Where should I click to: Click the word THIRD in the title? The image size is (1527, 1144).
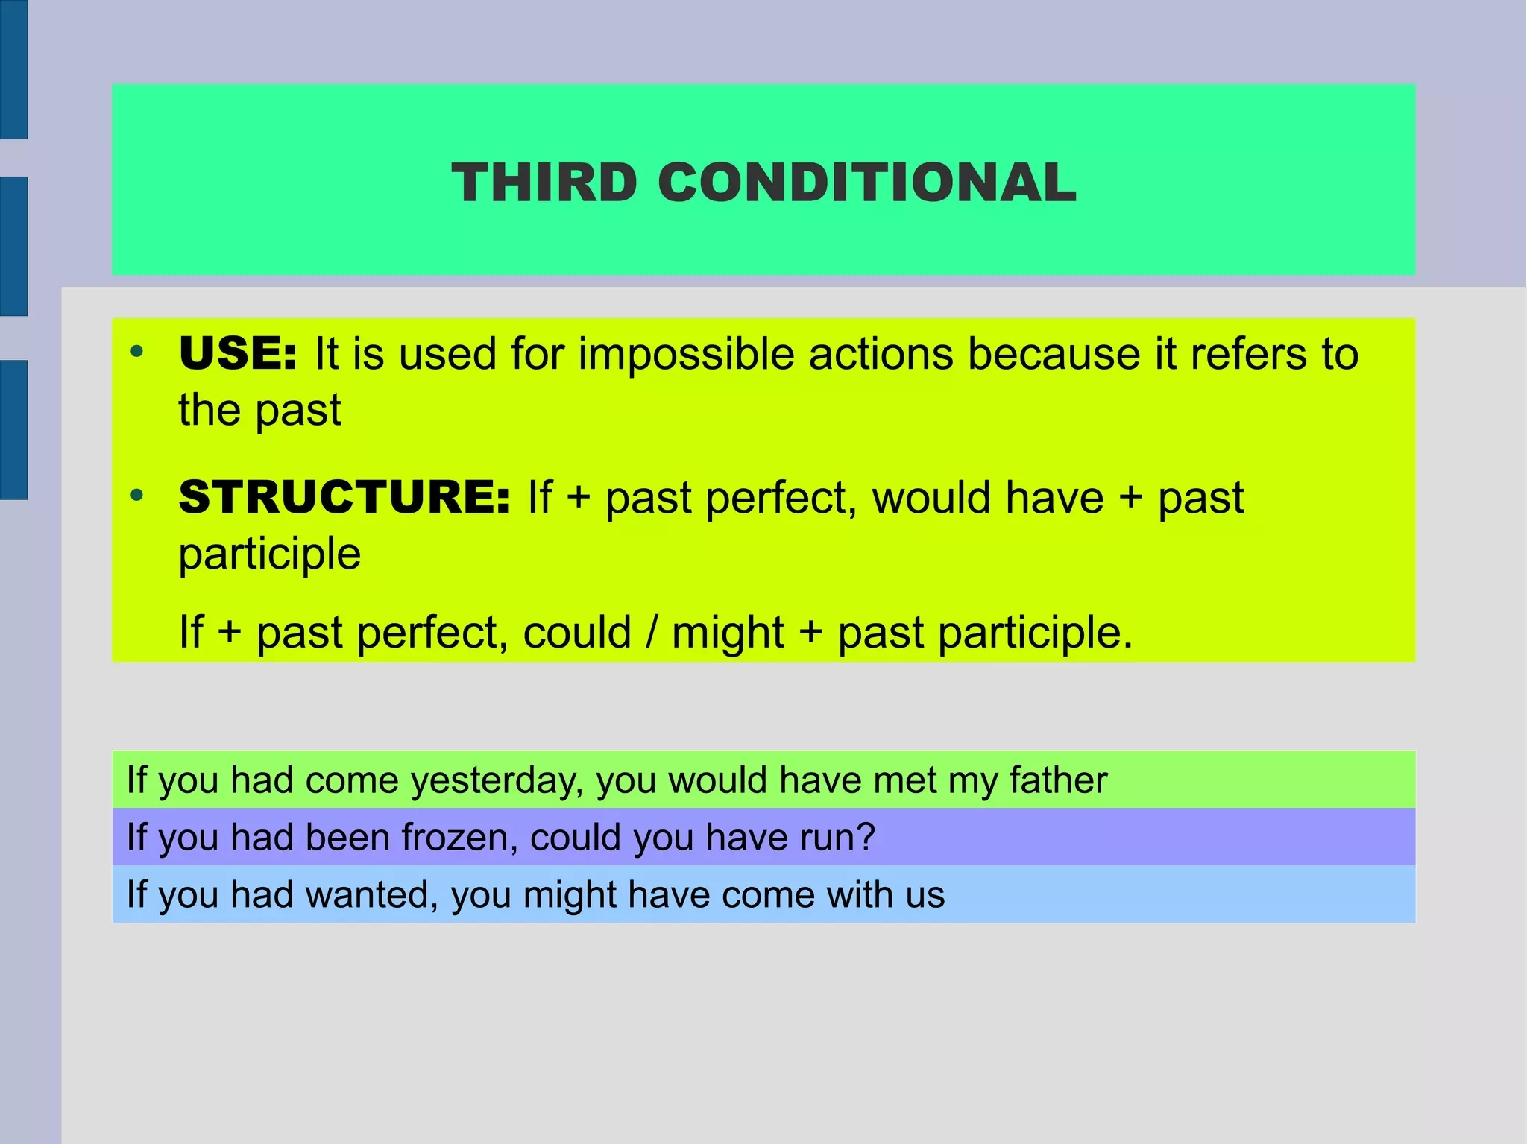[544, 183]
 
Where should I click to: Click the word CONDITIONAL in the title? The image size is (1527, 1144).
[867, 183]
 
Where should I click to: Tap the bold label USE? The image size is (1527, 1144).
[238, 353]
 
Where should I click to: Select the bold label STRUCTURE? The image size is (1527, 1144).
[344, 497]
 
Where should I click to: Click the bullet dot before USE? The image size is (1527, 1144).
[136, 351]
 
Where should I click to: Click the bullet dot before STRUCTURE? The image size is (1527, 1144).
[136, 495]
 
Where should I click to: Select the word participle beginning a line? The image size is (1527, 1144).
[270, 555]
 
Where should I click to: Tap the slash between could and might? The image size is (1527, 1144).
[652, 633]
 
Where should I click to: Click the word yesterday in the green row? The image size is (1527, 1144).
[496, 782]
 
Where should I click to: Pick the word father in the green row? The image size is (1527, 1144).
[1058, 780]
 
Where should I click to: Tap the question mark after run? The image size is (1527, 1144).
[866, 838]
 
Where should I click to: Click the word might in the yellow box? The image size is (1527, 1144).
[728, 634]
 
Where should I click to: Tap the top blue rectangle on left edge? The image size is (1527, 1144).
[13, 69]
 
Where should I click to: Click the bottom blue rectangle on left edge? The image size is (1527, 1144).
[13, 430]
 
